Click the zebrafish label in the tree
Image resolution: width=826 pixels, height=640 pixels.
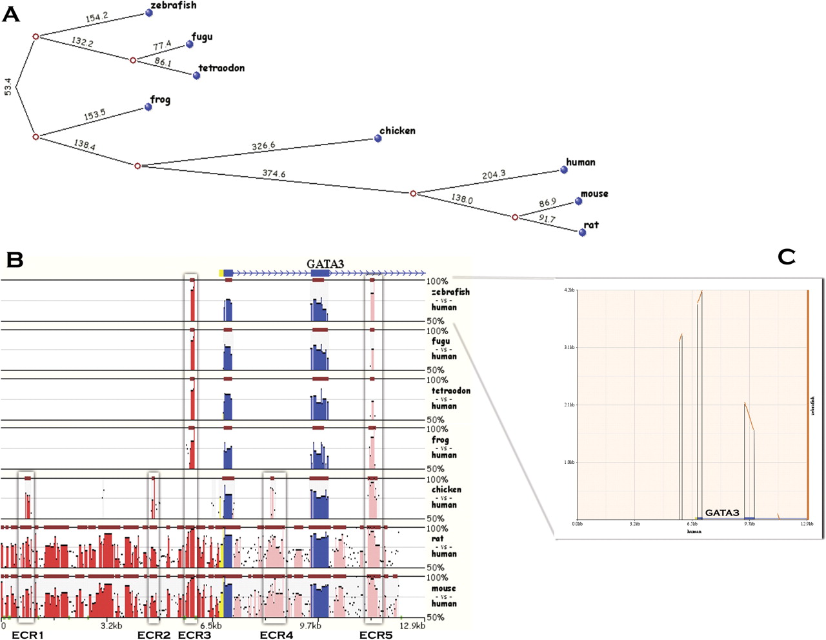click(173, 6)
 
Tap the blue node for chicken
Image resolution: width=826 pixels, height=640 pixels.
click(378, 138)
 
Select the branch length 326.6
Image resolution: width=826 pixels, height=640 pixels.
click(263, 146)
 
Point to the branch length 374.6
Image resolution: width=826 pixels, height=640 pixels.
click(274, 174)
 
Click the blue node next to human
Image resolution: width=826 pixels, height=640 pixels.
click(564, 170)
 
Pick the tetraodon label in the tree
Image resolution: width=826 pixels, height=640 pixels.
click(221, 68)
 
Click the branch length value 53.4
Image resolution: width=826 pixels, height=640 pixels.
click(8, 86)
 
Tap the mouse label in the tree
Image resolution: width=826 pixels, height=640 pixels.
click(594, 194)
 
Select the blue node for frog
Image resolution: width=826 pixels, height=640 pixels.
click(148, 106)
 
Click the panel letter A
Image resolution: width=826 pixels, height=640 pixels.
click(11, 14)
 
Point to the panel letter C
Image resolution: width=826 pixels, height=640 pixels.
click(786, 257)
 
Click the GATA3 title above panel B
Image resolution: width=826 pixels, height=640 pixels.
click(325, 264)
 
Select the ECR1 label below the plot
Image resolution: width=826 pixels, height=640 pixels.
click(28, 635)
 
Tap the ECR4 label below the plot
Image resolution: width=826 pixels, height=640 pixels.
click(276, 635)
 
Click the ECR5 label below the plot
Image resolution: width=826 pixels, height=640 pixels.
click(376, 635)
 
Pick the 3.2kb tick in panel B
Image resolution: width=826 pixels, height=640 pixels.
click(112, 625)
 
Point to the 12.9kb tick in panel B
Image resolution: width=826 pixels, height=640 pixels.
click(412, 625)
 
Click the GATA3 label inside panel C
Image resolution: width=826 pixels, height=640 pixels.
click(722, 513)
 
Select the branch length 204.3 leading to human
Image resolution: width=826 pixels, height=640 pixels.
click(494, 175)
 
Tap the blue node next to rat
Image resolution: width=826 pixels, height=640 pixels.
click(583, 232)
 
